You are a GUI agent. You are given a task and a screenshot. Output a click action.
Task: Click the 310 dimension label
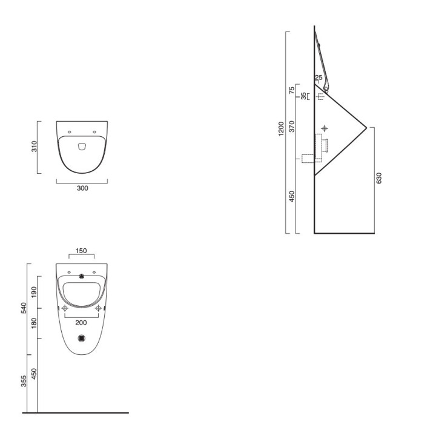(34, 147)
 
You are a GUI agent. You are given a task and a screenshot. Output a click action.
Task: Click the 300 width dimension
(82, 188)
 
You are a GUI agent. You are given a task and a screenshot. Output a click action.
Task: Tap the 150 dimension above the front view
(81, 251)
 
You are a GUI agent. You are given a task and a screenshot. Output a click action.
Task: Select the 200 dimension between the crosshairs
(81, 323)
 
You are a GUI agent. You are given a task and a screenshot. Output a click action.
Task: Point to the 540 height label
(24, 308)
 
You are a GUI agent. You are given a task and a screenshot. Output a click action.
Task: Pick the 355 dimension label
(24, 381)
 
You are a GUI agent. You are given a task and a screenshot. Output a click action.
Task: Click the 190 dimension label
(34, 292)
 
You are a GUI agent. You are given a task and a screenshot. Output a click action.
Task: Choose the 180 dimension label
(34, 323)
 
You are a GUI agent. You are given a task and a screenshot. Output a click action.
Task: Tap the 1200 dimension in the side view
(282, 129)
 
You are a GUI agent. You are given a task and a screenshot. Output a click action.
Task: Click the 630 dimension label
(378, 178)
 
